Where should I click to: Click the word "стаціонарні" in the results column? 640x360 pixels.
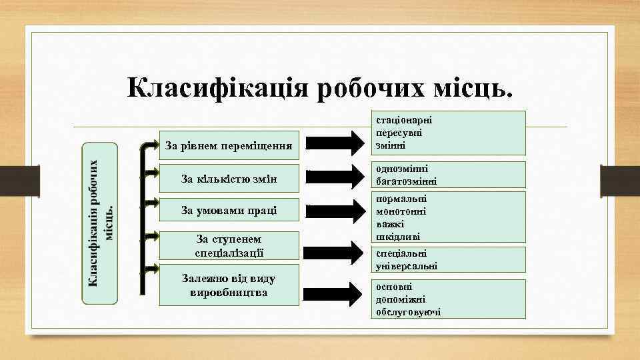(x=404, y=120)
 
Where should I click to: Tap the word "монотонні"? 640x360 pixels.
(x=401, y=211)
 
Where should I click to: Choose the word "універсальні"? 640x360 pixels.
(x=407, y=265)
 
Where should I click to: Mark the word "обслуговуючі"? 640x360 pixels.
(x=408, y=311)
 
